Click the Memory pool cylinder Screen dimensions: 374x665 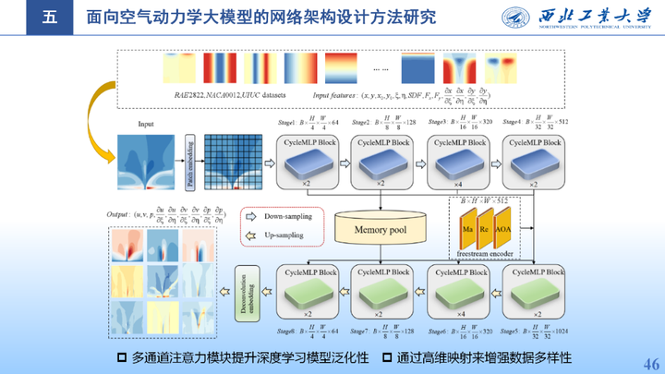(x=382, y=227)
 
